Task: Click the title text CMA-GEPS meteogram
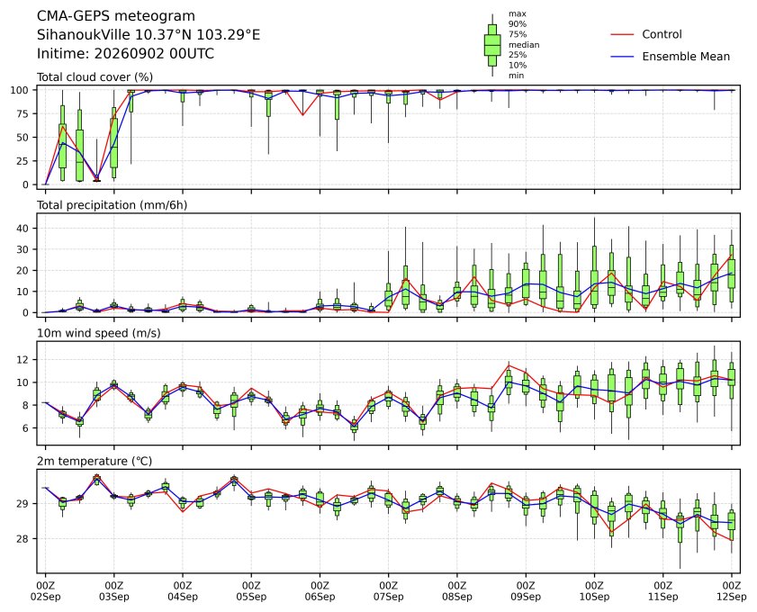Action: (x=116, y=16)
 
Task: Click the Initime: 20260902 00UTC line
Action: (x=125, y=53)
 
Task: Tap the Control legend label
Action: (x=662, y=34)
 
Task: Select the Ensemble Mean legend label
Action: (x=686, y=57)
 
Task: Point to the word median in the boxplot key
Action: (x=524, y=45)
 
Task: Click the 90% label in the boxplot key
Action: (x=517, y=24)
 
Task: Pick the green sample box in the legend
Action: (x=492, y=45)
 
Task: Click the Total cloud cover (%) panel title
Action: (x=95, y=77)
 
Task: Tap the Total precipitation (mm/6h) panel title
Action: (x=112, y=205)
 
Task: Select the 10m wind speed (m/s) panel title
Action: (x=98, y=333)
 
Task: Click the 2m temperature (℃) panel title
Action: (x=95, y=461)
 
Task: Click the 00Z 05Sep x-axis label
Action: (x=251, y=591)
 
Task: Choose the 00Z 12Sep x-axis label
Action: (x=732, y=591)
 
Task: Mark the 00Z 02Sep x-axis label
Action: (x=45, y=591)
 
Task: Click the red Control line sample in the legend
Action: (x=622, y=35)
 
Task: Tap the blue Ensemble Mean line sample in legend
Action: (x=622, y=57)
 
